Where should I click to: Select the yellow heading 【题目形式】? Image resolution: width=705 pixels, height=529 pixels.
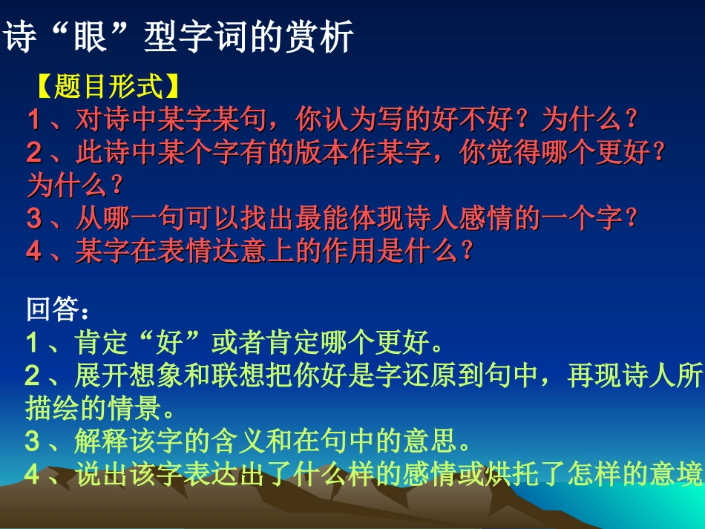pos(108,87)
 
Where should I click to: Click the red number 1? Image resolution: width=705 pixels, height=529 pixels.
pos(34,119)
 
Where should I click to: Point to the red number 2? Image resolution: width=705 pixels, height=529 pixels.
pos(34,154)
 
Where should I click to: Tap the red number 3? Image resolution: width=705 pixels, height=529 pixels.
pos(34,219)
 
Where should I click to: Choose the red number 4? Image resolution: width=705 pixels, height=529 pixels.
pos(34,252)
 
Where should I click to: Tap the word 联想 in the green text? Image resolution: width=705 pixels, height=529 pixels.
pos(223,377)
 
